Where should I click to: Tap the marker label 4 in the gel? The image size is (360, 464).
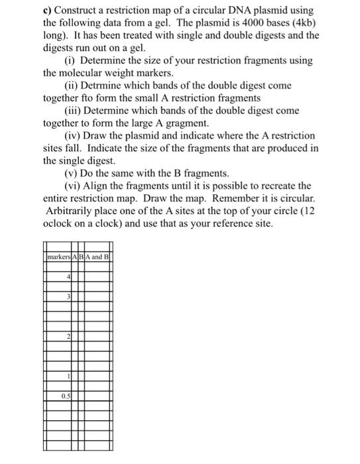click(x=68, y=276)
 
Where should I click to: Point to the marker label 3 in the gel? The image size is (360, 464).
click(x=68, y=296)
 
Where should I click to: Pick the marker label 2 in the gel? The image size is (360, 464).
click(x=68, y=337)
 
